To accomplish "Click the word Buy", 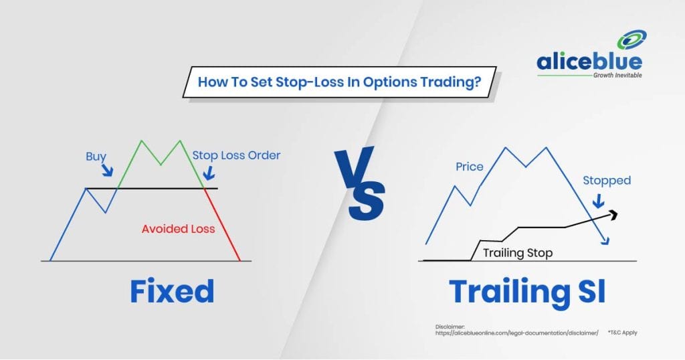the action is pyautogui.click(x=96, y=157).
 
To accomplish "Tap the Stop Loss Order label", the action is pyautogui.click(x=236, y=155).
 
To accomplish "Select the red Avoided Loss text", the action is pyautogui.click(x=178, y=228).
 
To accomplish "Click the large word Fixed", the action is pyautogui.click(x=172, y=291).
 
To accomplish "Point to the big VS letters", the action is pyautogui.click(x=360, y=184).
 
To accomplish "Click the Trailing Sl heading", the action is pyautogui.click(x=527, y=292).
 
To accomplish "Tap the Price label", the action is pyautogui.click(x=469, y=167).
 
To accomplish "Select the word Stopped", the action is pyautogui.click(x=607, y=181).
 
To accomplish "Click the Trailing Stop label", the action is pyautogui.click(x=518, y=253).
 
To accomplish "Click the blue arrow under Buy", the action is pyautogui.click(x=108, y=170).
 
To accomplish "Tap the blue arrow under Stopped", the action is pyautogui.click(x=599, y=201).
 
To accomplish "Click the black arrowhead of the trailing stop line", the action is pyautogui.click(x=613, y=213).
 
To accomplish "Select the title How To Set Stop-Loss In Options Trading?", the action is pyautogui.click(x=339, y=82).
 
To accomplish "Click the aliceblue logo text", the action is pyautogui.click(x=589, y=61).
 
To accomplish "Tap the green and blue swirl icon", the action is pyautogui.click(x=631, y=39).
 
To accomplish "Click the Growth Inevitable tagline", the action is pyautogui.click(x=617, y=75).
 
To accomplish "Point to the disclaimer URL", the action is pyautogui.click(x=517, y=333).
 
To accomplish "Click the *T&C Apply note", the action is pyautogui.click(x=622, y=333).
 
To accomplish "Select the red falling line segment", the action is pyautogui.click(x=222, y=225).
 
